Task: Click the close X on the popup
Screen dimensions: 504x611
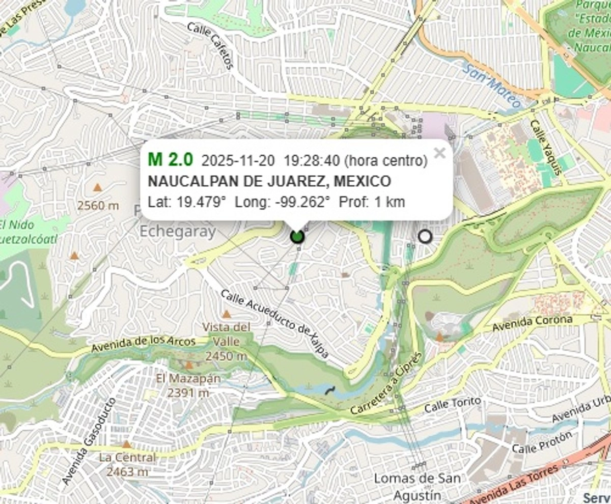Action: pyautogui.click(x=439, y=153)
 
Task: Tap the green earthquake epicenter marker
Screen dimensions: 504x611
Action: pyautogui.click(x=297, y=236)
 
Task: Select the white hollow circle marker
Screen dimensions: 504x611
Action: pyautogui.click(x=424, y=236)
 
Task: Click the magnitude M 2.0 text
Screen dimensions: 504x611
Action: pyautogui.click(x=171, y=160)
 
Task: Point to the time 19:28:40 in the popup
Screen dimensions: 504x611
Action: pyautogui.click(x=312, y=161)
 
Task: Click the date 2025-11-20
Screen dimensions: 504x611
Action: pyautogui.click(x=238, y=161)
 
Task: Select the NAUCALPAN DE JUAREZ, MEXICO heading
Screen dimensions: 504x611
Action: pyautogui.click(x=269, y=181)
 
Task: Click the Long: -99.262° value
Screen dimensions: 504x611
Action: pyautogui.click(x=283, y=202)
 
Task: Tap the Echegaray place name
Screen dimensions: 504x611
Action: pyautogui.click(x=178, y=232)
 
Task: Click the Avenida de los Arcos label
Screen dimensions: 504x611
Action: pyautogui.click(x=144, y=345)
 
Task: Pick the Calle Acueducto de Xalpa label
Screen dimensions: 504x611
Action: pyautogui.click(x=274, y=324)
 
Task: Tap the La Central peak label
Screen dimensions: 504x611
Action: pyautogui.click(x=127, y=457)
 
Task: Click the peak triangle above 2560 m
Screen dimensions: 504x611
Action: pyautogui.click(x=97, y=187)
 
